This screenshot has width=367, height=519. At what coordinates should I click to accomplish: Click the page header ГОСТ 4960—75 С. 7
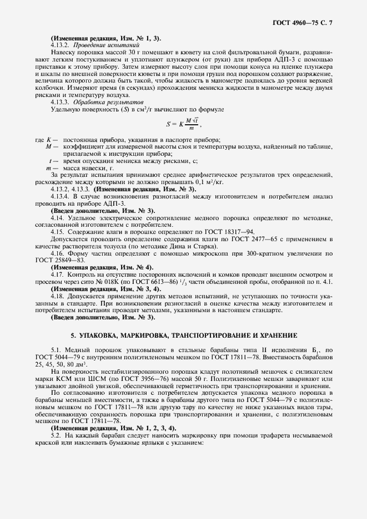[x=306, y=22]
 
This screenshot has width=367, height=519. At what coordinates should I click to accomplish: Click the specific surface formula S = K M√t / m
[x=184, y=124]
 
